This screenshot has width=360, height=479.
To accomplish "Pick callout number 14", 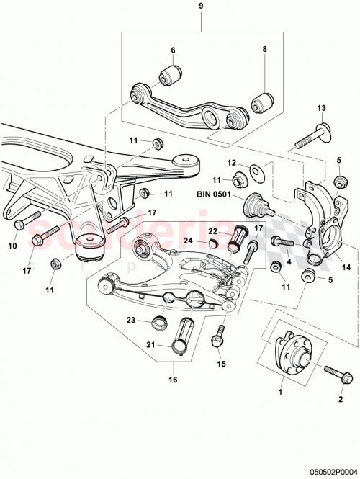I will tap(346, 267).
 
